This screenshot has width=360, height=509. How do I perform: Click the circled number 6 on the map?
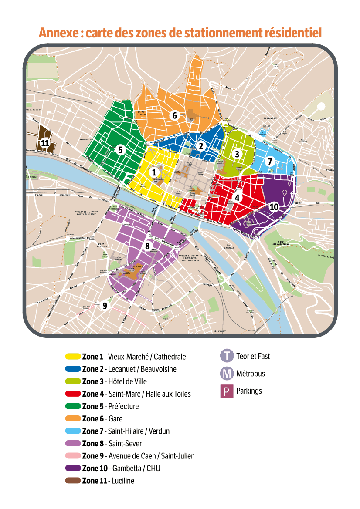[x=174, y=115]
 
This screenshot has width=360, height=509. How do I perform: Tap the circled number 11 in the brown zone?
[x=44, y=143]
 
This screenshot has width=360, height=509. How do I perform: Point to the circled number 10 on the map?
[x=274, y=206]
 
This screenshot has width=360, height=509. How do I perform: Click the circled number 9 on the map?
[x=105, y=306]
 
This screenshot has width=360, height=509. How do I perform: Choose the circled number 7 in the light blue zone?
[x=270, y=161]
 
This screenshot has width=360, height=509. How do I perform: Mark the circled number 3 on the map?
[x=237, y=154]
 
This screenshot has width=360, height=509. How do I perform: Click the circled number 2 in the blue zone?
[x=201, y=146]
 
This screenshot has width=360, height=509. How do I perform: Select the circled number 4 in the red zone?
[x=237, y=197]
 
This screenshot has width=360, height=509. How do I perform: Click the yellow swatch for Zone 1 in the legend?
[x=72, y=357]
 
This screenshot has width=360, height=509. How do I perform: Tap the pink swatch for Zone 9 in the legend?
[x=72, y=456]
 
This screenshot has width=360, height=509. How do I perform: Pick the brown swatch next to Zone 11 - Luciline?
[x=72, y=481]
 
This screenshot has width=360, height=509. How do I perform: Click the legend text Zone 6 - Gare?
[x=102, y=419]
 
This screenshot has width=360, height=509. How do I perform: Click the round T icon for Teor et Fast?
[x=227, y=356]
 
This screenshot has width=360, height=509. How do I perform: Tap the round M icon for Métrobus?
[x=227, y=374]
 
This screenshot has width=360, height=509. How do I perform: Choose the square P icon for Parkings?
[x=226, y=391]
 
